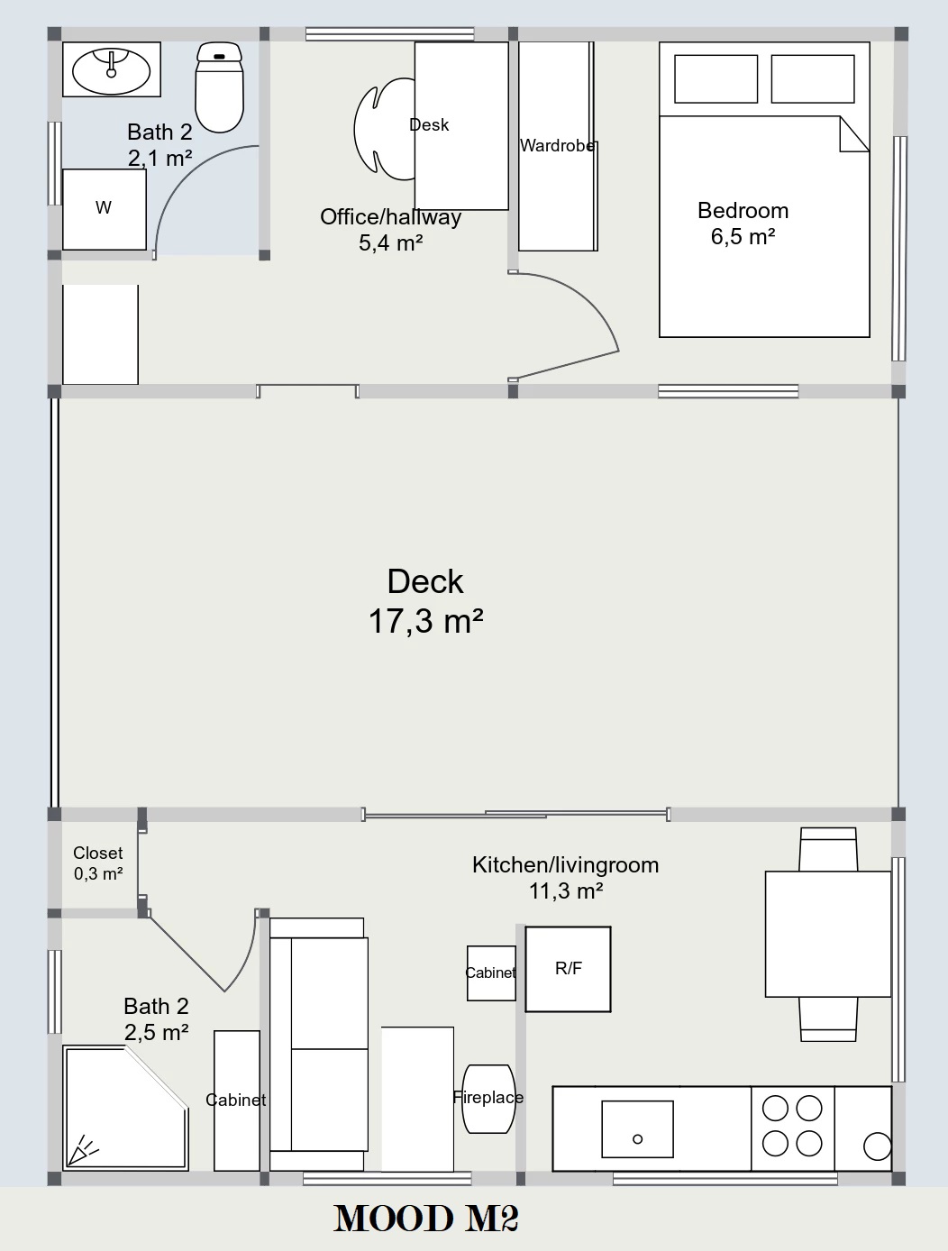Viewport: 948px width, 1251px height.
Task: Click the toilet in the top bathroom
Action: tap(219, 87)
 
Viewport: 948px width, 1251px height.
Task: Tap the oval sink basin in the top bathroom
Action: tap(112, 72)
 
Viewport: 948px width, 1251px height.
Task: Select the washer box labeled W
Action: tap(105, 209)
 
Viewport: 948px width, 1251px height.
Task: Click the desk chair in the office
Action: tap(385, 130)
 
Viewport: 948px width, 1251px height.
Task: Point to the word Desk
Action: tap(429, 124)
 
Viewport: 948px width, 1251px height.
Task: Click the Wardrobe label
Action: tap(557, 146)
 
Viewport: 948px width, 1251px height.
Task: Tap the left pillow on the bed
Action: tap(716, 78)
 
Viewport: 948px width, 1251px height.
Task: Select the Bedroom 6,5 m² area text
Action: tap(743, 224)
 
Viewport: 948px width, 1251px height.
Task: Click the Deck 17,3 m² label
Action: tap(425, 601)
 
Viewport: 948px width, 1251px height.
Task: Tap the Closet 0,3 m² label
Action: tap(98, 863)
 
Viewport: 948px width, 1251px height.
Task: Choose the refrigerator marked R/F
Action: tap(568, 969)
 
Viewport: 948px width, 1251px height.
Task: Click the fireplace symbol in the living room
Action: tap(488, 1099)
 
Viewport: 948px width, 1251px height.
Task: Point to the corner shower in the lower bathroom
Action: tap(125, 1108)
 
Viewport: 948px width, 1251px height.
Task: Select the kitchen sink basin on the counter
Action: tap(637, 1129)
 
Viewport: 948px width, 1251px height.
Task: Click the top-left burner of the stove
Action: tap(775, 1109)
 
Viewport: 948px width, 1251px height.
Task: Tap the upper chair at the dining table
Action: tap(828, 849)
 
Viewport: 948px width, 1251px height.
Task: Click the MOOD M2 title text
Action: tap(425, 1219)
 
